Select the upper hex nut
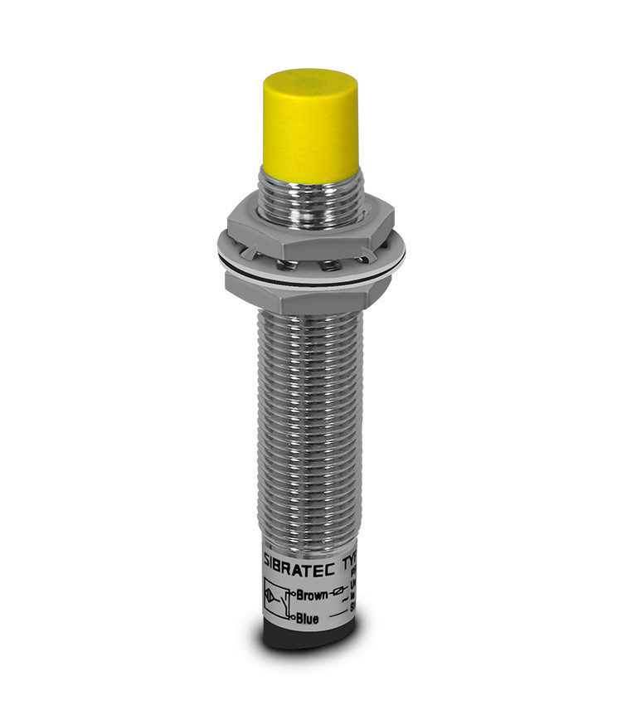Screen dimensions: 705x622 307,221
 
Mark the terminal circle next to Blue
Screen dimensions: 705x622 288,616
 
